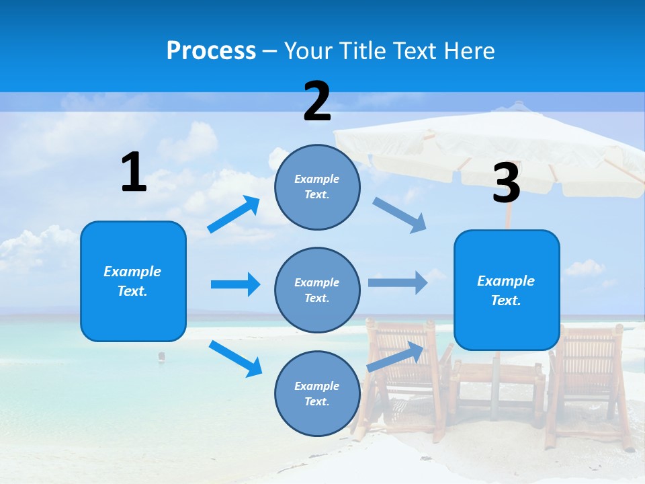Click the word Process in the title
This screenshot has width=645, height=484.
pos(211,51)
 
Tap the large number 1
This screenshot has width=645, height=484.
pos(134,172)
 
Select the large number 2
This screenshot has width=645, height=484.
pos(317,102)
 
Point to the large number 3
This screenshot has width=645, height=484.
pos(506,184)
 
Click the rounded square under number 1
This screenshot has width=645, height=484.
pos(133,281)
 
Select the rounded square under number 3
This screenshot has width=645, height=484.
pos(507,290)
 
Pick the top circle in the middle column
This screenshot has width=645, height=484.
pos(317,187)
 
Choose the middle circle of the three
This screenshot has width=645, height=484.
pos(317,290)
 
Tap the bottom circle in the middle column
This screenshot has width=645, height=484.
pos(317,393)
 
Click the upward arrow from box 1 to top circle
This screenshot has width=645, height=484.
pos(234,214)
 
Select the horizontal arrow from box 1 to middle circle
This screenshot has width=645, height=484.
pos(235,284)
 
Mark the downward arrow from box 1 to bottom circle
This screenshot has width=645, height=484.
pos(235,358)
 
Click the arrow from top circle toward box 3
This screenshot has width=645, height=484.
pos(400,215)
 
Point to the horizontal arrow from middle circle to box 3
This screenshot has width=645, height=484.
pos(398,282)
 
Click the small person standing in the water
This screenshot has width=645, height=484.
pos(161,356)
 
